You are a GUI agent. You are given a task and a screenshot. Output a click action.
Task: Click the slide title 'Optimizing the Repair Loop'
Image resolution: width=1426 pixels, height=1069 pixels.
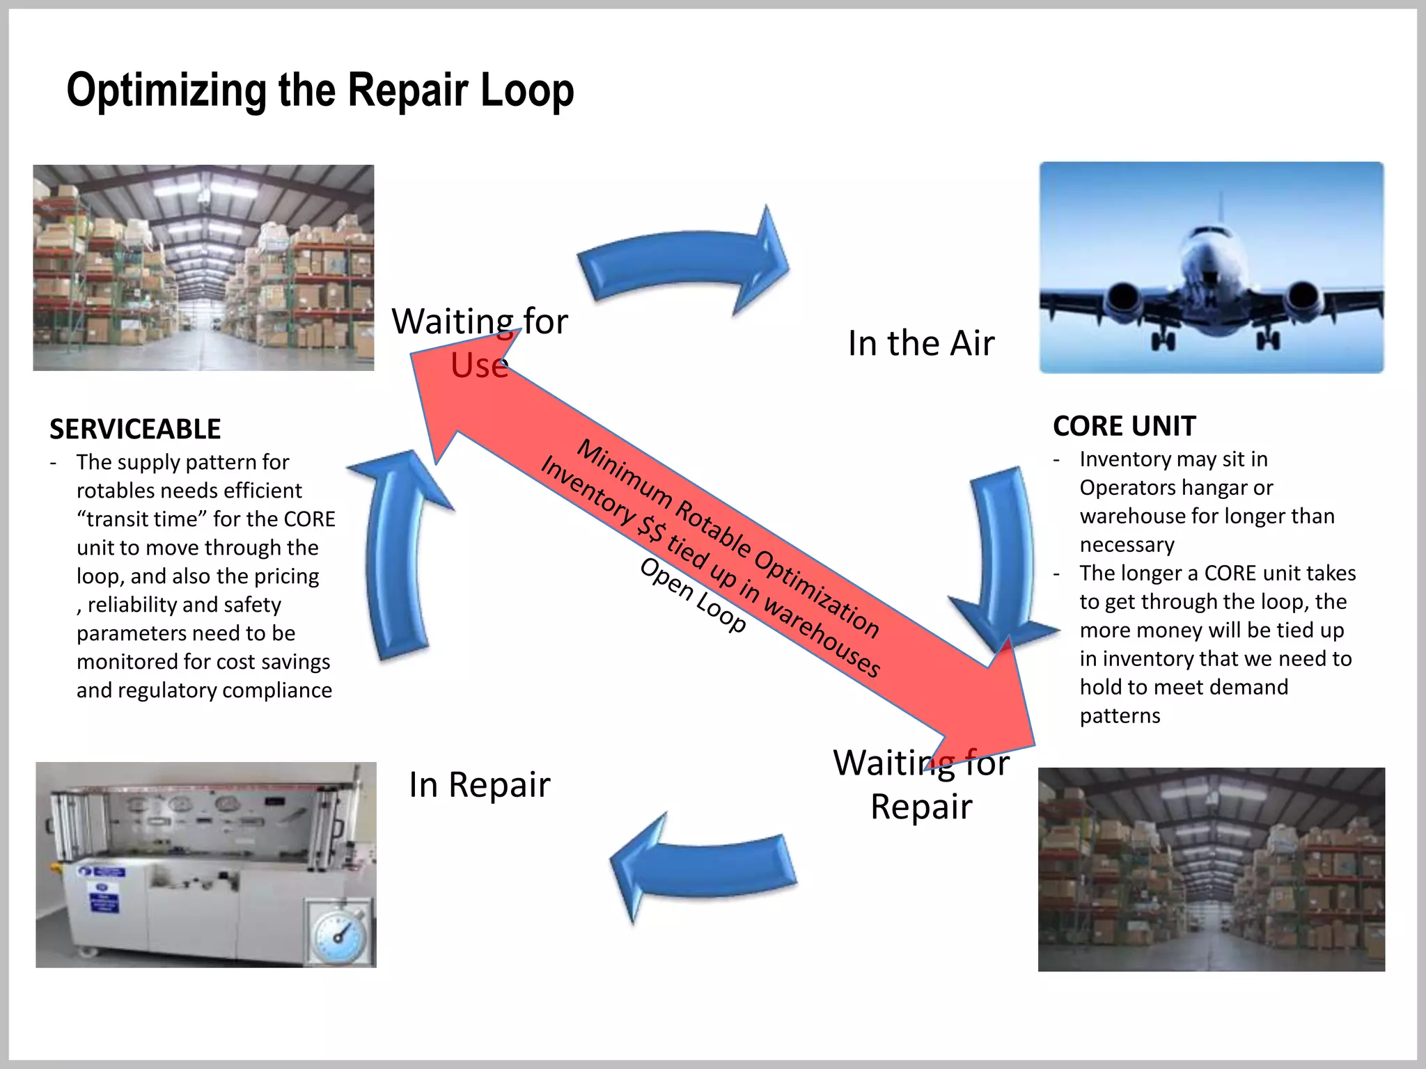[x=320, y=90]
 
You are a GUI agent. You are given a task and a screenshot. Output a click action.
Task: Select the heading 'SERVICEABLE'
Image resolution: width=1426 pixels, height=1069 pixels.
[x=135, y=429]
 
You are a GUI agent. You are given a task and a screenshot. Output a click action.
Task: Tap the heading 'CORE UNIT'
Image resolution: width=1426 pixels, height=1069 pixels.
[x=1124, y=426]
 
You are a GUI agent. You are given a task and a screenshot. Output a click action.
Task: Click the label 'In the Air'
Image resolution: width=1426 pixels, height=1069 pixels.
[x=920, y=343]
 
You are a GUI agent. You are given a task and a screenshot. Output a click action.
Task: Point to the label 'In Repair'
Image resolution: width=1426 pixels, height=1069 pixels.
[x=479, y=784]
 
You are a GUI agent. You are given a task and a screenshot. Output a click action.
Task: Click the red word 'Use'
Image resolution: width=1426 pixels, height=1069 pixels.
[x=478, y=366]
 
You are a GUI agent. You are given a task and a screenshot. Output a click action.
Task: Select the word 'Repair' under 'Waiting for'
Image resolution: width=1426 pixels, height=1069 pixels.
[x=920, y=807]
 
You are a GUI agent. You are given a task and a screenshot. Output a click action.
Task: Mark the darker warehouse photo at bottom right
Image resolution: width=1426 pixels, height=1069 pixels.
[x=1211, y=869]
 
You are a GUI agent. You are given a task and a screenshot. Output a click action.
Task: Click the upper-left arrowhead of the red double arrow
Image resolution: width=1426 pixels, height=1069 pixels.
[x=446, y=390]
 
